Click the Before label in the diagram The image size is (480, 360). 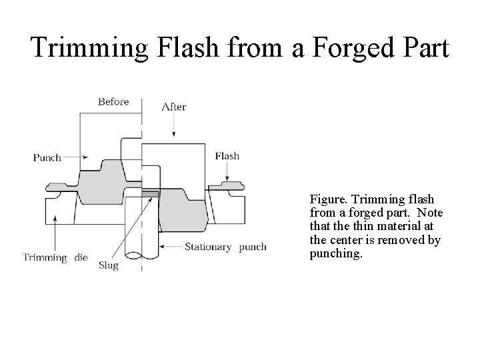point(113,102)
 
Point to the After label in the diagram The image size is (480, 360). point(173,107)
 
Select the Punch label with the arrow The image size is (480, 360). point(47,158)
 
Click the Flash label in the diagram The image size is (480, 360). point(227,156)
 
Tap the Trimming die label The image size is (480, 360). point(55,257)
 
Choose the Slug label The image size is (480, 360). point(108,265)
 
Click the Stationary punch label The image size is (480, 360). point(225,247)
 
